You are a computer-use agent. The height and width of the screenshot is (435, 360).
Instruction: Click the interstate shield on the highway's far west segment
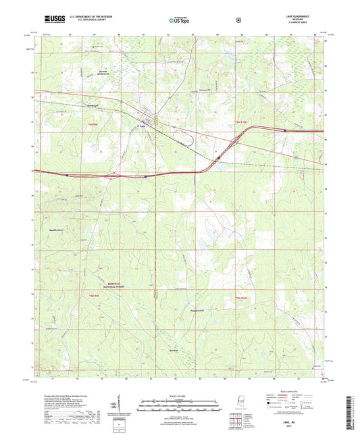68,174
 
